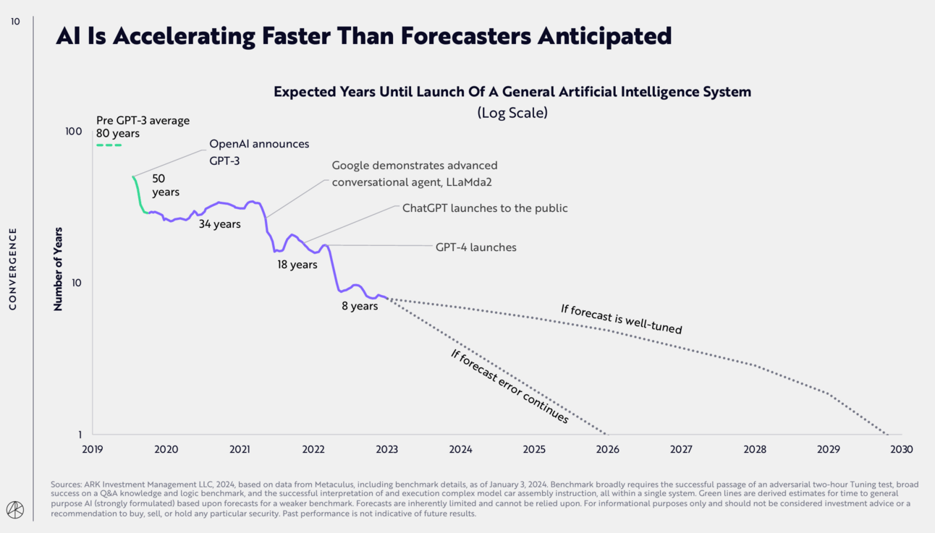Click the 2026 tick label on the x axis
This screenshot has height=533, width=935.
(608, 449)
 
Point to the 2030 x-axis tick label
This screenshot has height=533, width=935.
(902, 449)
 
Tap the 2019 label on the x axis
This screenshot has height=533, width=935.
(93, 449)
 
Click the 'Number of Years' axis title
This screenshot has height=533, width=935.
(58, 269)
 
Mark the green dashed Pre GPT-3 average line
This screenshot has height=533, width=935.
(109, 145)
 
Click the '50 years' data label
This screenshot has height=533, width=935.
(166, 185)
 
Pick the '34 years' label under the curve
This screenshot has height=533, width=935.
(220, 224)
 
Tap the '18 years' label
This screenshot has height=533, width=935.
(297, 265)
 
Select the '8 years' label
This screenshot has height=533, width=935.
(360, 306)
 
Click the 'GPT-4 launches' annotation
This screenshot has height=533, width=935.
(475, 247)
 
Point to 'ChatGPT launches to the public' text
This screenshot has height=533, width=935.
(485, 208)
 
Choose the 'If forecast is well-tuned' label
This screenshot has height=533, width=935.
(621, 319)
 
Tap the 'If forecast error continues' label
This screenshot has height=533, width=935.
(509, 385)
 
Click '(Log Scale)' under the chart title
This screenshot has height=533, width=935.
(512, 113)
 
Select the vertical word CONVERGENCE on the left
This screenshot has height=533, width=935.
(12, 269)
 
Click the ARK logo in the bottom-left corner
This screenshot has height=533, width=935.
(15, 510)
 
